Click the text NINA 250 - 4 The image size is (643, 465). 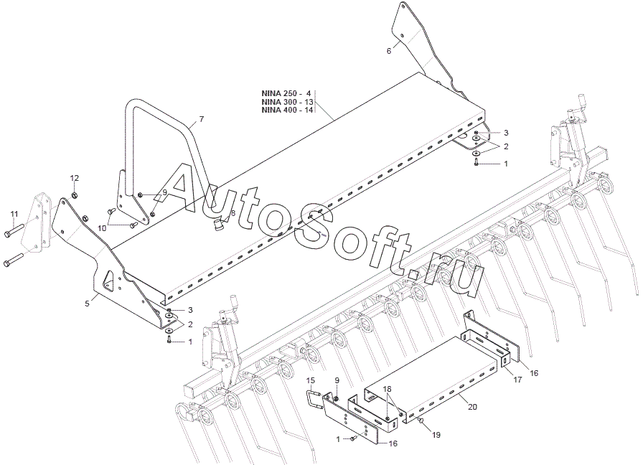pyautogui.click(x=286, y=94)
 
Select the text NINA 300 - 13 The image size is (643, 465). pyautogui.click(x=286, y=103)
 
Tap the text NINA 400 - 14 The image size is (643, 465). pyautogui.click(x=286, y=111)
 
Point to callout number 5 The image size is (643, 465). pyautogui.click(x=87, y=304)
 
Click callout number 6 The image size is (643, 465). pyautogui.click(x=389, y=51)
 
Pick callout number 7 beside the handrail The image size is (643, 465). pyautogui.click(x=202, y=119)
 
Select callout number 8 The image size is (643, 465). pyautogui.click(x=233, y=213)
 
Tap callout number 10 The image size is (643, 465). pyautogui.click(x=102, y=227)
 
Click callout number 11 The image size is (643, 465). pyautogui.click(x=13, y=214)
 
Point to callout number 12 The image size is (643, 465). pyautogui.click(x=75, y=177)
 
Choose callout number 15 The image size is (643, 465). pyautogui.click(x=310, y=380)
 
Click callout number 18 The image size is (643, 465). pyautogui.click(x=388, y=388)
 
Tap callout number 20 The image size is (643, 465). pyautogui.click(x=471, y=407)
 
